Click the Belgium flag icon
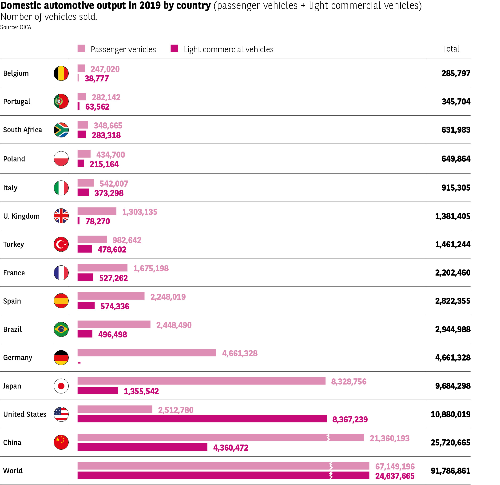coord(61,73)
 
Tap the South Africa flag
coord(61,130)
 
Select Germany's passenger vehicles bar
coord(147,353)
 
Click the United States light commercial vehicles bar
coord(202,419)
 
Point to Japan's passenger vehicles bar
coord(201,381)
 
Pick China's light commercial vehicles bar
coord(142,447)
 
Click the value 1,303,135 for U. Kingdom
coord(139,212)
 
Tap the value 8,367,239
coord(350,419)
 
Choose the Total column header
coord(451,49)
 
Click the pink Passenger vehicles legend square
coord(81,48)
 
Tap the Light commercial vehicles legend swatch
coord(174,48)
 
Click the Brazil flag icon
coord(61,329)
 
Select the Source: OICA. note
coord(16,27)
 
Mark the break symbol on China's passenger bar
coord(328,437)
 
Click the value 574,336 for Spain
coord(115,306)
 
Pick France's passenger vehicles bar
coord(102,268)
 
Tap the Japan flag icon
coord(61,386)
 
